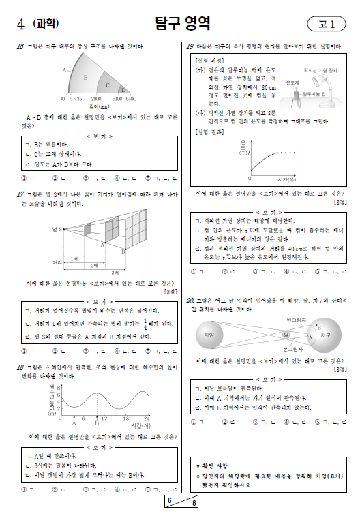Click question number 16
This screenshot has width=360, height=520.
click(20, 46)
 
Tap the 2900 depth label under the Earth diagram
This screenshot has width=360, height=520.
click(97, 99)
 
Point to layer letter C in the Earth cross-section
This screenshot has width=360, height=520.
click(107, 85)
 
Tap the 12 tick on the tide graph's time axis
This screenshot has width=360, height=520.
click(104, 417)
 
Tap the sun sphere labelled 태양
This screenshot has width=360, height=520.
click(209, 335)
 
